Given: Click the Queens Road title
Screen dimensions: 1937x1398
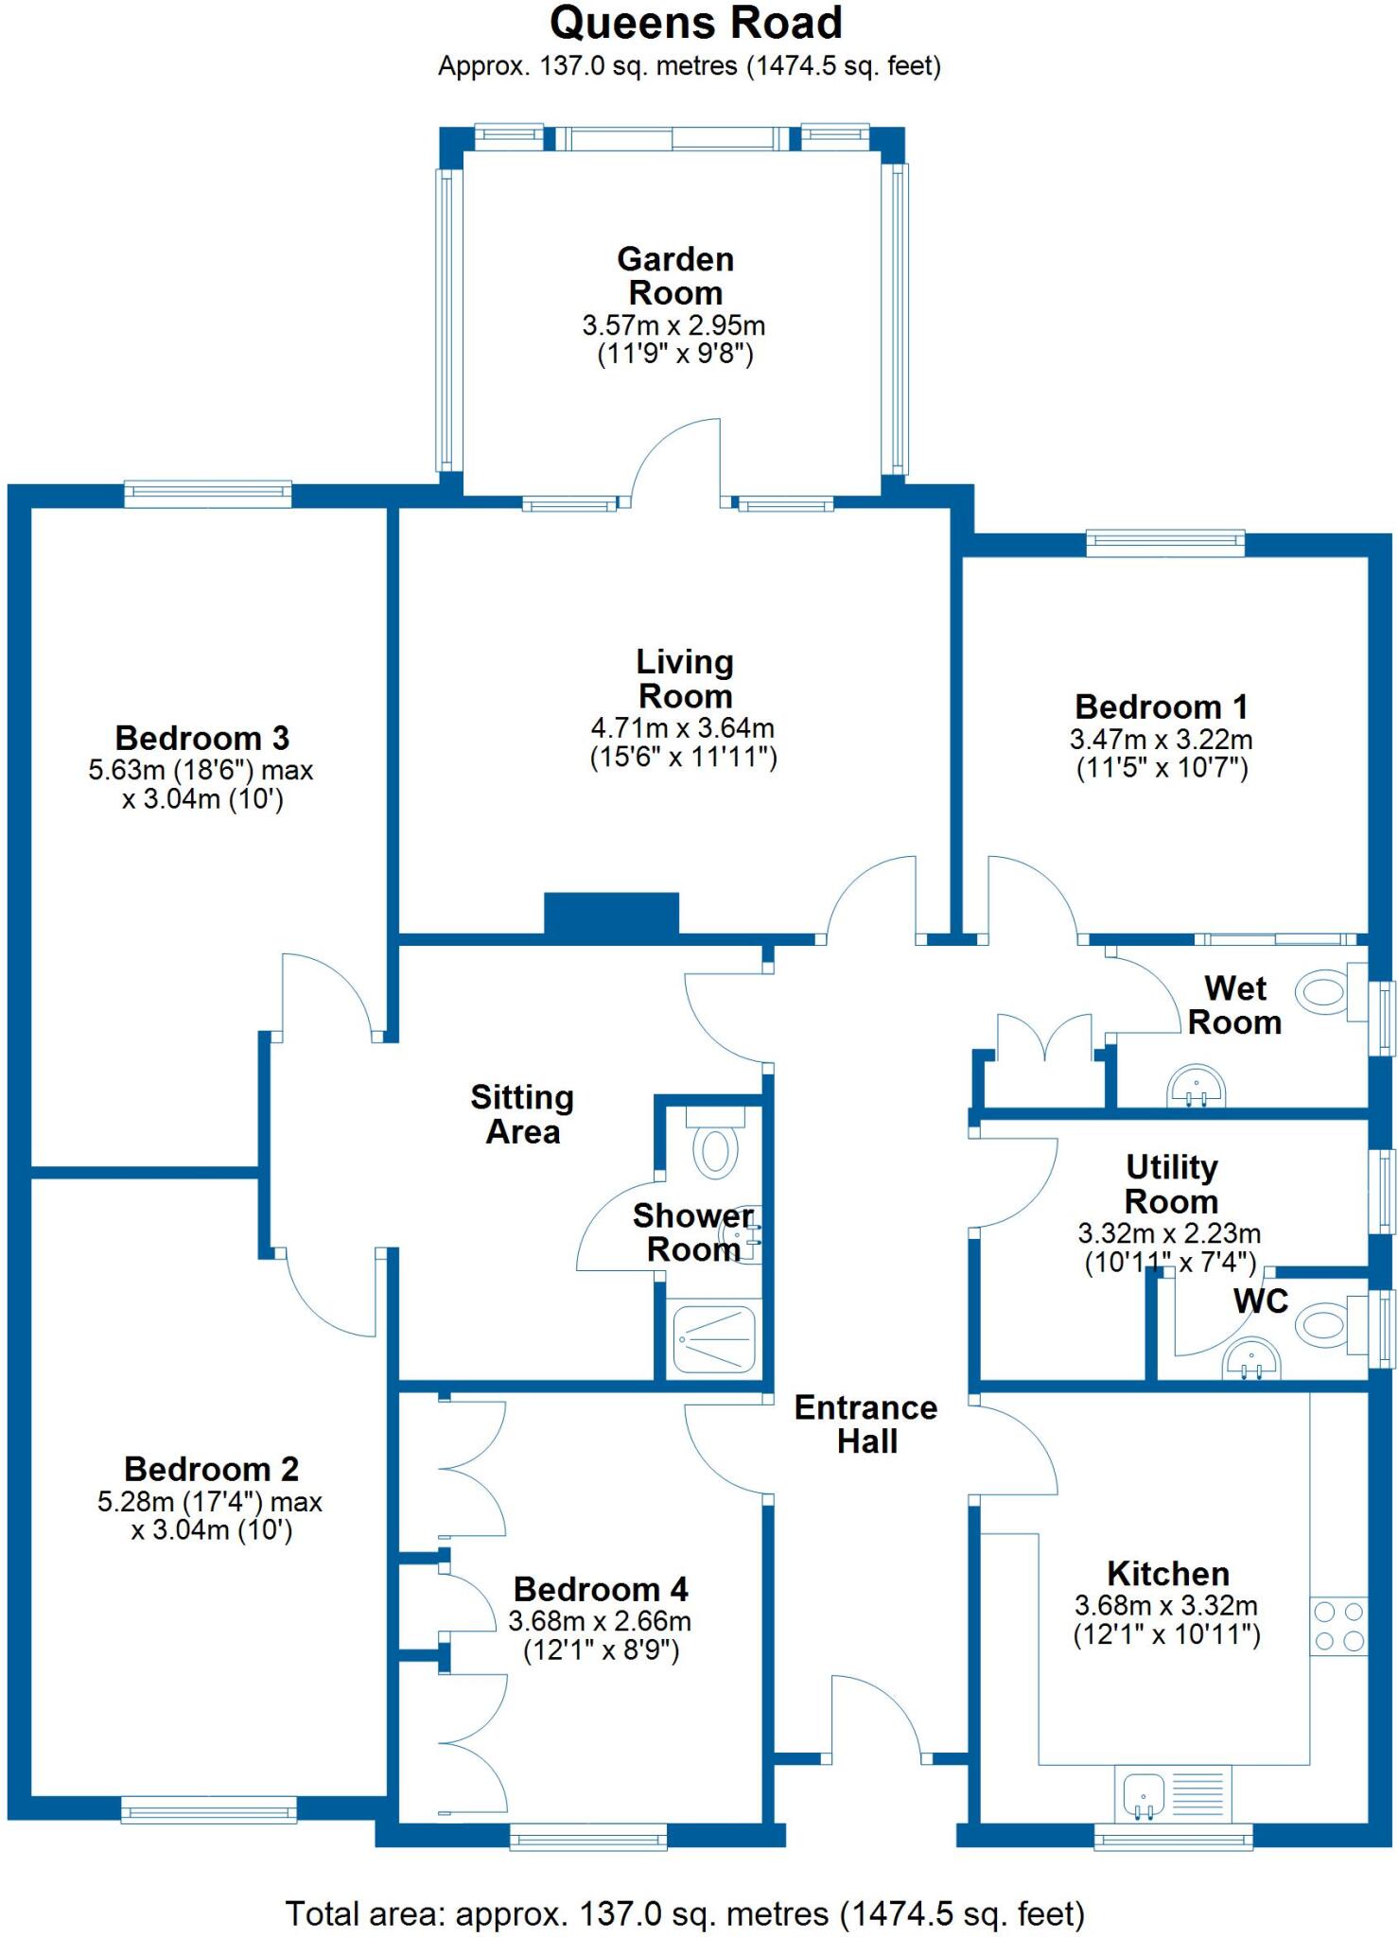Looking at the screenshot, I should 695,24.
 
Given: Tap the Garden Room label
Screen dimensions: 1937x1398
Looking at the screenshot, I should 675,275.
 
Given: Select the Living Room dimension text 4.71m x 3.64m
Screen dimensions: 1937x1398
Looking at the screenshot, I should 682,728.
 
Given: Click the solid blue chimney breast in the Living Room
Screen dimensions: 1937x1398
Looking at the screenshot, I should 611,914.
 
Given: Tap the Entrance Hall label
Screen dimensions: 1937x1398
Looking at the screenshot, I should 865,1424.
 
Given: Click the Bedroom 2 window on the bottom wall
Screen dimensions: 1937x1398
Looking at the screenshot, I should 209,1810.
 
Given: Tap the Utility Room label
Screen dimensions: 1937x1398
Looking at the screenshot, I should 1171,1184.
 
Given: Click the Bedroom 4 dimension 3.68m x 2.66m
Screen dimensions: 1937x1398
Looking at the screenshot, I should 600,1621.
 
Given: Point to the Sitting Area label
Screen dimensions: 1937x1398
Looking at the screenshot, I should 522,1114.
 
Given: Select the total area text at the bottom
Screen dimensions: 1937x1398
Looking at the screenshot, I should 685,1913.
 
